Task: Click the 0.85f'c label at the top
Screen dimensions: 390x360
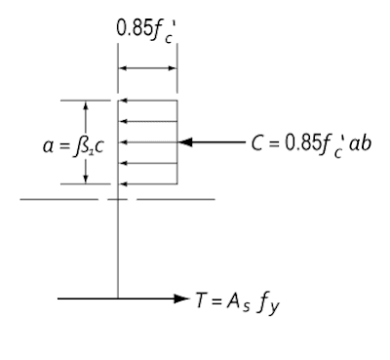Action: click(146, 31)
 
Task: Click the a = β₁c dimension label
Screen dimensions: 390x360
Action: click(73, 146)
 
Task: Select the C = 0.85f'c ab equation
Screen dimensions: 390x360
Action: click(311, 143)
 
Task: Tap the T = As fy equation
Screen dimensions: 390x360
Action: click(238, 303)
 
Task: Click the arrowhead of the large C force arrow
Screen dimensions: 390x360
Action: click(185, 142)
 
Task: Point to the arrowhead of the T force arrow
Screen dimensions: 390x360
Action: click(181, 299)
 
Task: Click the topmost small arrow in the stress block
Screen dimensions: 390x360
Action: click(148, 100)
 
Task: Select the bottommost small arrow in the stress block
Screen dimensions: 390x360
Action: click(148, 184)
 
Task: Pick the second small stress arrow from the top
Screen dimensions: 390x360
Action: click(148, 121)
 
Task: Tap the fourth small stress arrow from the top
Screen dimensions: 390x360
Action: click(148, 163)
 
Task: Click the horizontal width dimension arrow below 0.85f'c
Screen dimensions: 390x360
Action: click(147, 68)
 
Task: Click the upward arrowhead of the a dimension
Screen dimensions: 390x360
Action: click(86, 105)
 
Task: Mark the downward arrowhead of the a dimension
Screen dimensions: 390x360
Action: click(86, 180)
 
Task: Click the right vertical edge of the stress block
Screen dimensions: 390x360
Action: click(177, 142)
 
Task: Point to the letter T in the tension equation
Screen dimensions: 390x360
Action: click(201, 300)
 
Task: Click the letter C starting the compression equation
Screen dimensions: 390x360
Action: click(256, 143)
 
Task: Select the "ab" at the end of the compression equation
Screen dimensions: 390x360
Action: click(361, 143)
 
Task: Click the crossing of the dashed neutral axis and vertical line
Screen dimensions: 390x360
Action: click(118, 199)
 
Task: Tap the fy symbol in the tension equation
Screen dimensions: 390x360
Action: click(268, 303)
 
